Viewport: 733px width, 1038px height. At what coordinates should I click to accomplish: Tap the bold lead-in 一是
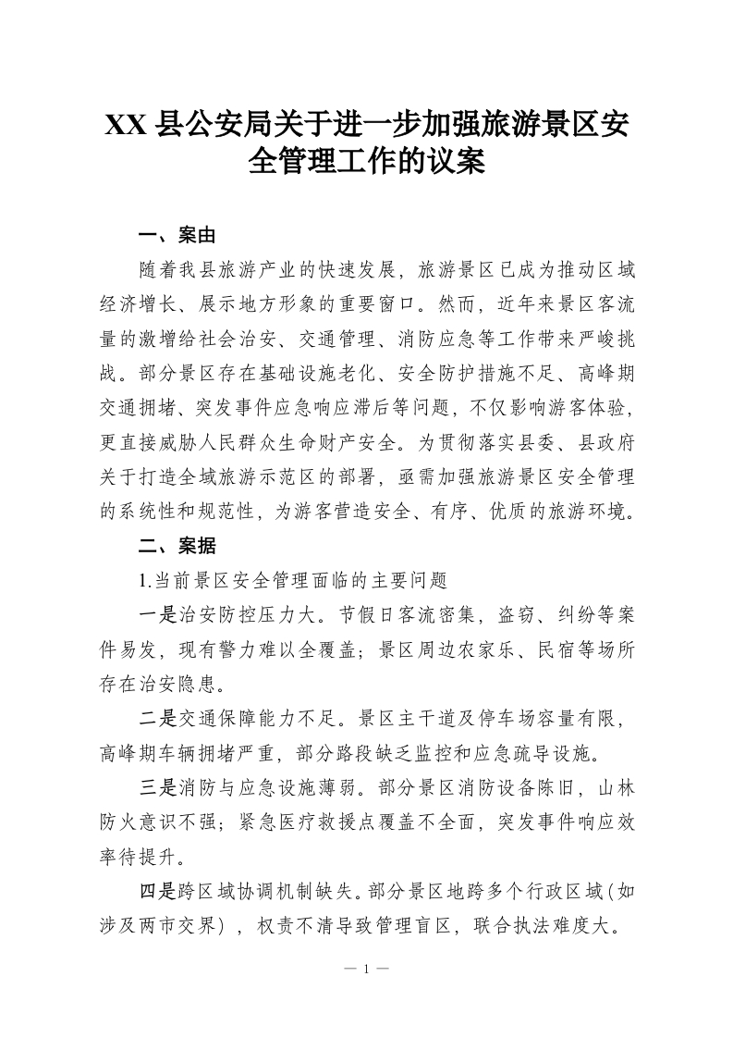pyautogui.click(x=156, y=615)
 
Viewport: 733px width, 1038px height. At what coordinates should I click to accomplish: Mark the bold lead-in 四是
pyautogui.click(x=156, y=890)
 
